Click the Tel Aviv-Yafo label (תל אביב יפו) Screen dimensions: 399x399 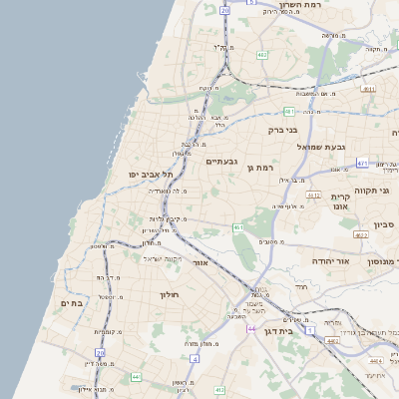point(145,174)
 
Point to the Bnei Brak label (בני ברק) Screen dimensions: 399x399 point(283,129)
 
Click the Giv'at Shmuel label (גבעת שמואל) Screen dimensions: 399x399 point(321,146)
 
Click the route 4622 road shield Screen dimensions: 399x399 point(360,235)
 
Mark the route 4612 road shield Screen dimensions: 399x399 point(313,196)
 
